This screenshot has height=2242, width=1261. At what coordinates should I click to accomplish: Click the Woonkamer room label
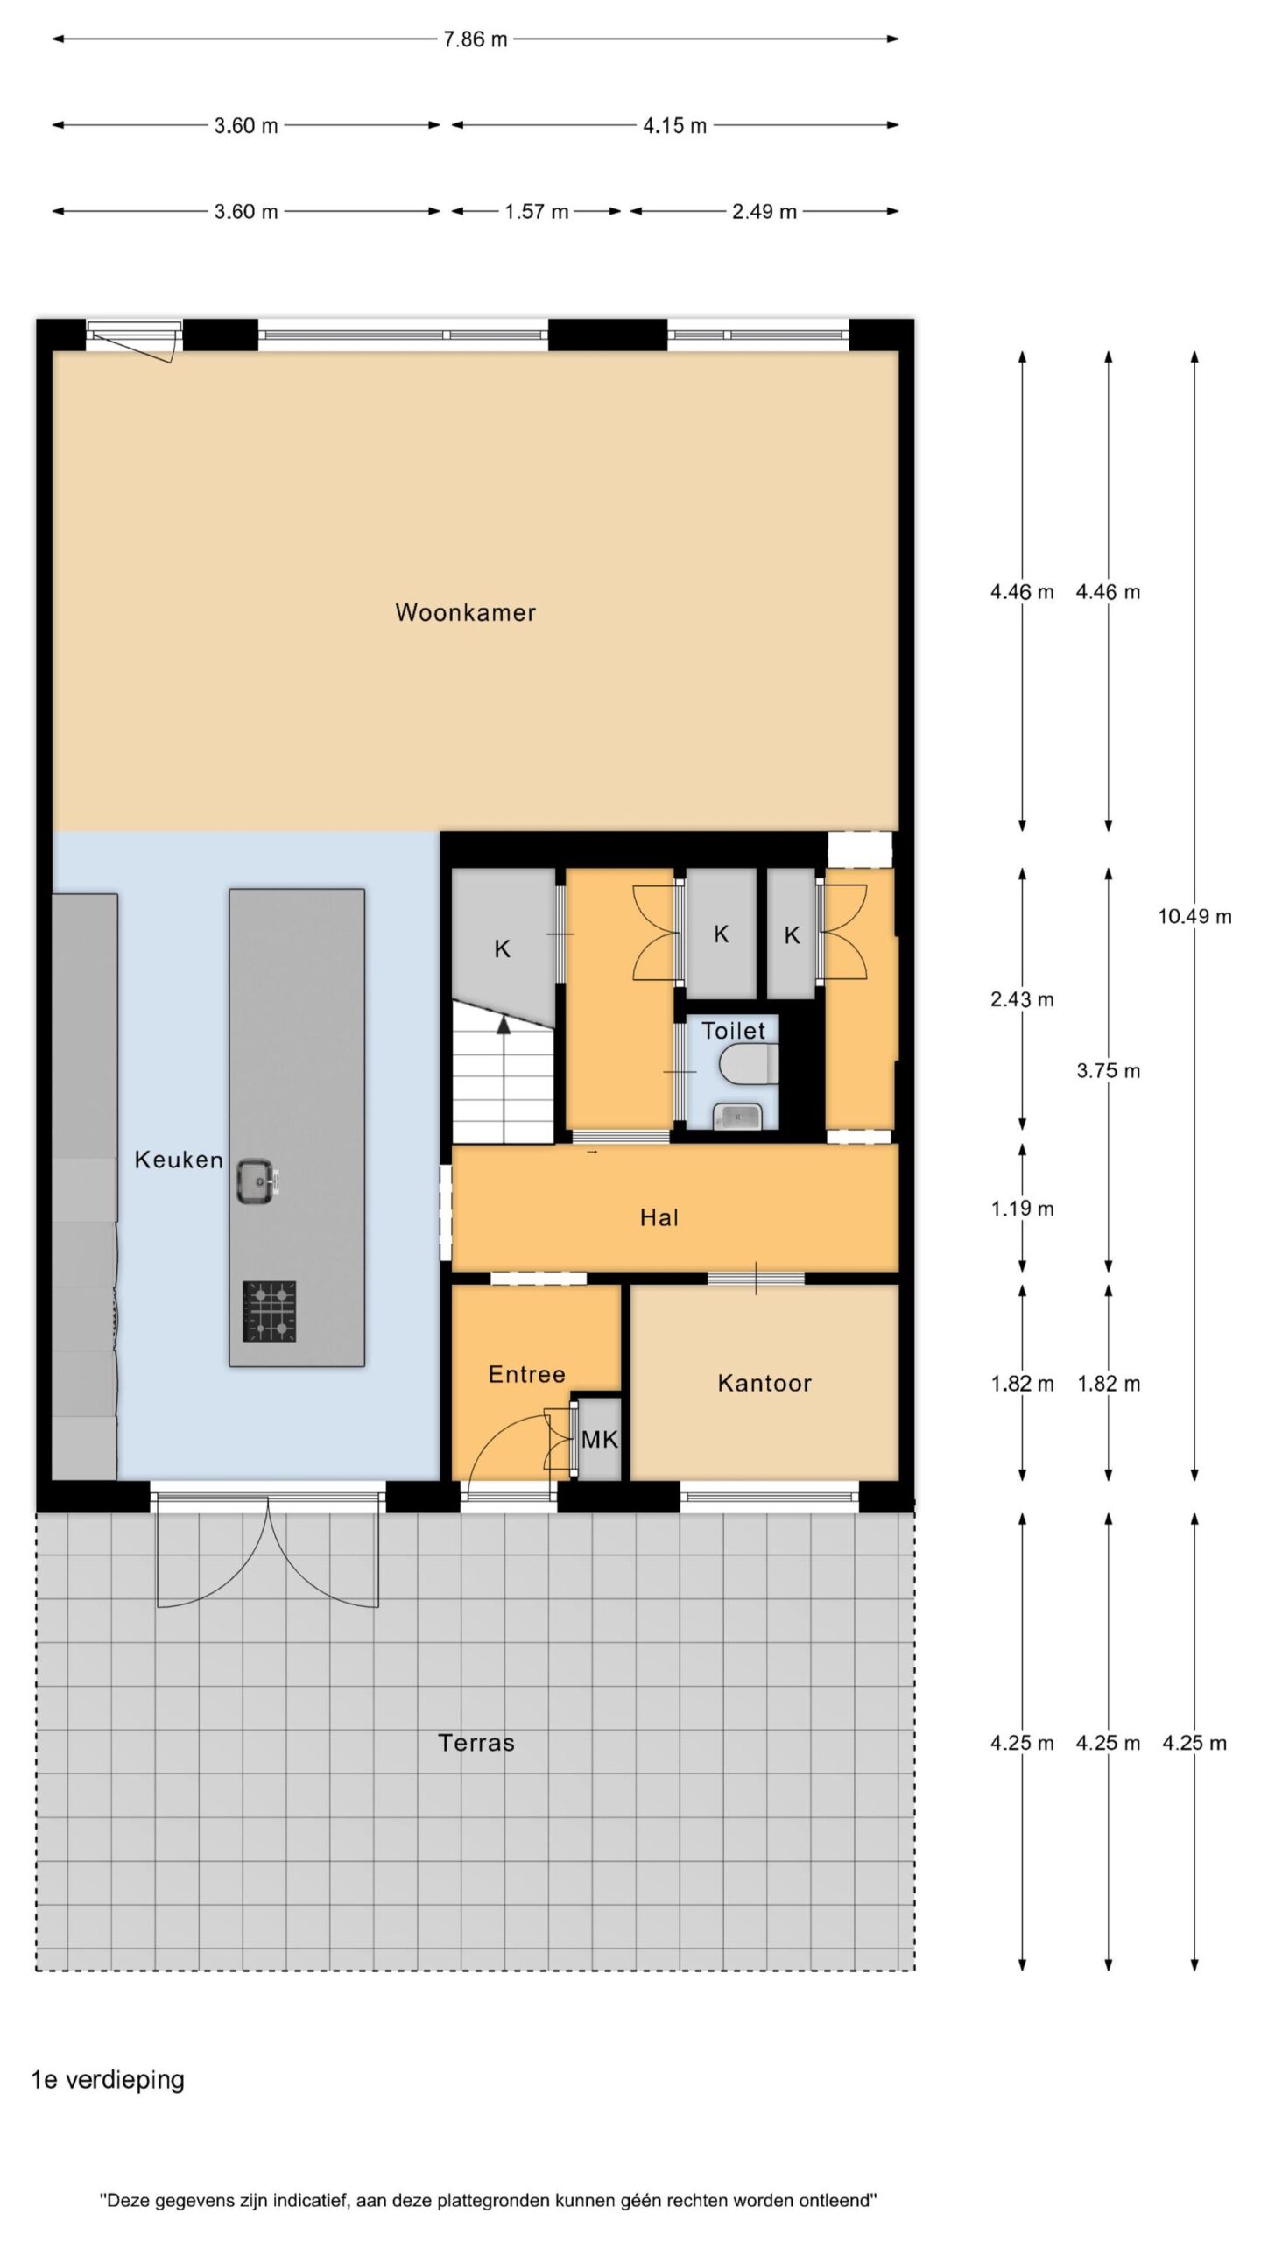pyautogui.click(x=465, y=612)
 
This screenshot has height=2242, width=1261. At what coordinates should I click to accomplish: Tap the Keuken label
pyautogui.click(x=179, y=1160)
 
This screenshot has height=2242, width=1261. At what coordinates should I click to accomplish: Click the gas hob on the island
pyautogui.click(x=270, y=1312)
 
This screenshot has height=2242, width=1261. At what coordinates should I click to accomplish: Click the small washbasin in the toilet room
pyautogui.click(x=737, y=1117)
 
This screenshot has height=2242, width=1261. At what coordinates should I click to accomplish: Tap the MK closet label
pyautogui.click(x=600, y=1439)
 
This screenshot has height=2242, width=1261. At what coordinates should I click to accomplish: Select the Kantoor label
pyautogui.click(x=764, y=1384)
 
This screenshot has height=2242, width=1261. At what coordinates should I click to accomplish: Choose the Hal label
pyautogui.click(x=659, y=1218)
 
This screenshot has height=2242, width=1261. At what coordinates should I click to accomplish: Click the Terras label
pyautogui.click(x=476, y=1743)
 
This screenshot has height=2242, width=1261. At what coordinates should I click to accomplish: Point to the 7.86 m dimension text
pyautogui.click(x=475, y=39)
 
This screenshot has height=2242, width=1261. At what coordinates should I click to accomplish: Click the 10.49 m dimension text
pyautogui.click(x=1194, y=917)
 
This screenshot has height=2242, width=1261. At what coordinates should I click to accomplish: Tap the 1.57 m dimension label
pyautogui.click(x=537, y=212)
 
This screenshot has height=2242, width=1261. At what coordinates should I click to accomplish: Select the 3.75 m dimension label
pyautogui.click(x=1109, y=1071)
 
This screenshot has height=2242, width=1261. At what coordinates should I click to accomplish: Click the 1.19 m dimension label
pyautogui.click(x=1022, y=1209)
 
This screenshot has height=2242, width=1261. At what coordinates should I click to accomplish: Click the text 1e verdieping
pyautogui.click(x=108, y=2080)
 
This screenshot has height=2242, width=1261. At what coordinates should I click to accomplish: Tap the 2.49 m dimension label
pyautogui.click(x=764, y=212)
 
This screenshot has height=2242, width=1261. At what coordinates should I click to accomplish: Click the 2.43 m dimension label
pyautogui.click(x=1022, y=1000)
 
